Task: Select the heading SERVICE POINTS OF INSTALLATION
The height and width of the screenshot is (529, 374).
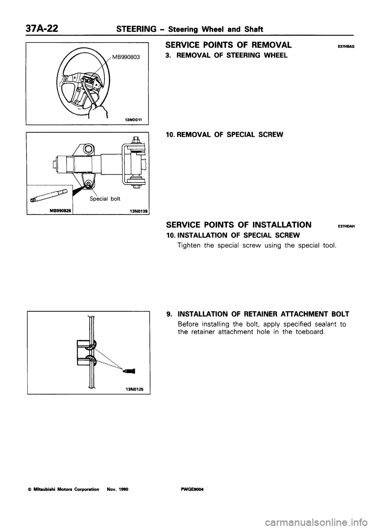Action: coord(238,225)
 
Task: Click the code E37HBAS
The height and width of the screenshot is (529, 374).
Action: coord(348,46)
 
